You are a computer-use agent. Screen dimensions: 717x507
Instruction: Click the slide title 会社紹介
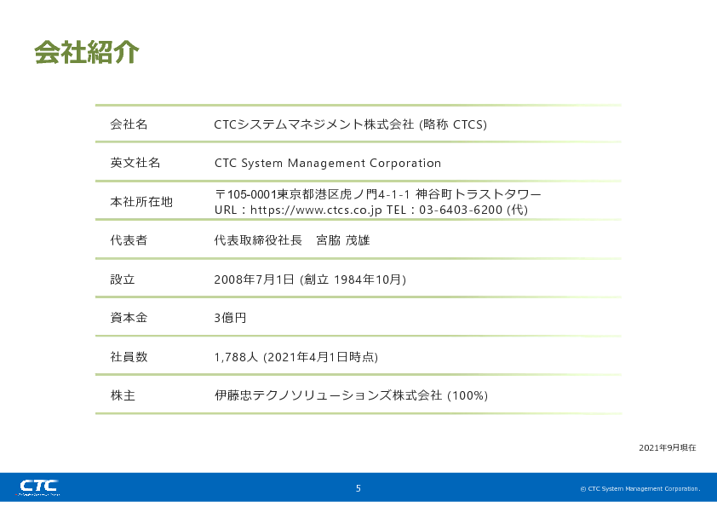tap(86, 52)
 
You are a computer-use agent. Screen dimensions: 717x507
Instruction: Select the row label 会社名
tap(129, 124)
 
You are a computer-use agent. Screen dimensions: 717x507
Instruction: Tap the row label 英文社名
tap(135, 163)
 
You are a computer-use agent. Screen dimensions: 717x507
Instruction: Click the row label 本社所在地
tap(141, 202)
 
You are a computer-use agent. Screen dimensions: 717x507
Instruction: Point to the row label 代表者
tap(129, 240)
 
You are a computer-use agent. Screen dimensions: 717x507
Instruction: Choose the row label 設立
tap(123, 279)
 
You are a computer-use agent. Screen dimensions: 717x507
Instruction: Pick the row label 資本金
tap(129, 318)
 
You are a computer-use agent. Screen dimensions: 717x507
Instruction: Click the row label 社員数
tap(129, 356)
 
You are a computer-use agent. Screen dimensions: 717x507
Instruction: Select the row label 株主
tap(123, 395)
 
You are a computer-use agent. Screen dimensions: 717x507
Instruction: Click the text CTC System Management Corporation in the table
tap(328, 163)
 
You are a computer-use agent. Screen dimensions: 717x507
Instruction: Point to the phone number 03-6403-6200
tap(461, 210)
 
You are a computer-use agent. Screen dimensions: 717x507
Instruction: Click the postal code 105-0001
tap(245, 194)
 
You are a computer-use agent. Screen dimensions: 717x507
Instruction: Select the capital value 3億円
tap(231, 318)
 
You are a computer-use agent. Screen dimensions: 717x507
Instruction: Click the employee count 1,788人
tap(236, 357)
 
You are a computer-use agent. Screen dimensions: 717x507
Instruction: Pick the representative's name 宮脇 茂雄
tap(343, 240)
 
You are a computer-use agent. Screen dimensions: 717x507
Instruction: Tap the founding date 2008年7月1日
tap(255, 279)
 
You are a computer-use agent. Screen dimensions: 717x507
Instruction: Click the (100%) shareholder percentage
tap(467, 395)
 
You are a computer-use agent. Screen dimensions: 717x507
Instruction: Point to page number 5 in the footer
tap(358, 488)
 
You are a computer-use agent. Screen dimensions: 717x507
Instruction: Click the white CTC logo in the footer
tap(39, 487)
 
